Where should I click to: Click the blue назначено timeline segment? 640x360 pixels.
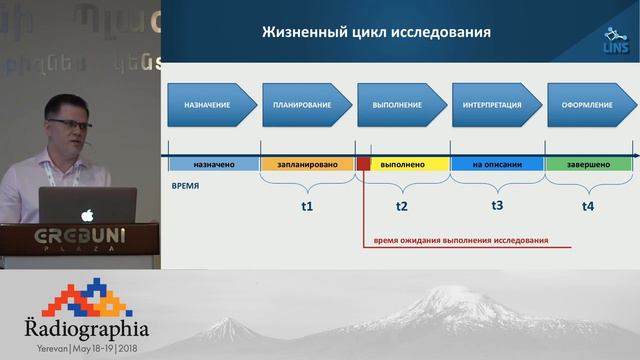click(x=214, y=162)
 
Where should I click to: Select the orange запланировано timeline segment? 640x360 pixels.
click(x=308, y=162)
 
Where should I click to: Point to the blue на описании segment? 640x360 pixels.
click(x=497, y=162)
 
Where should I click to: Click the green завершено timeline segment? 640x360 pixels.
click(x=587, y=162)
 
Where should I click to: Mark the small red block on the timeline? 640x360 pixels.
click(x=363, y=162)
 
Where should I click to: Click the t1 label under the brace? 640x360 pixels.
click(x=307, y=206)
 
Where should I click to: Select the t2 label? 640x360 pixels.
click(x=402, y=206)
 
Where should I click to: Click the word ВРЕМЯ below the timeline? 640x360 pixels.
click(x=185, y=186)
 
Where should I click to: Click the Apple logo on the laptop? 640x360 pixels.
click(x=88, y=214)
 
